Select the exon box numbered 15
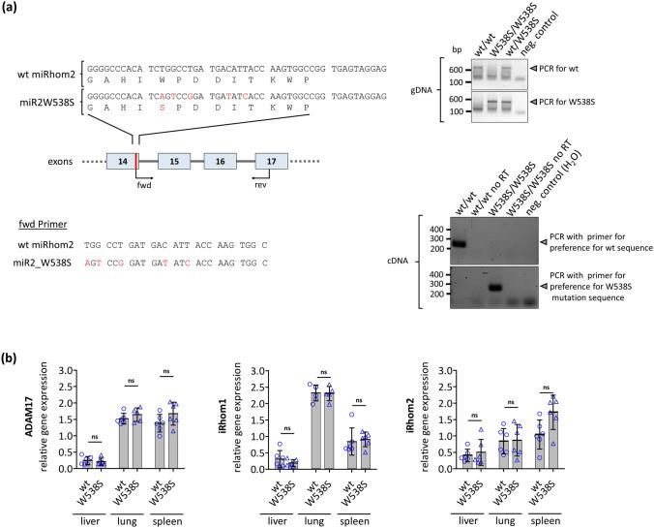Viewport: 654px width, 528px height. pyautogui.click(x=172, y=163)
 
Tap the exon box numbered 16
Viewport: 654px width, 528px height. pyautogui.click(x=222, y=163)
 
